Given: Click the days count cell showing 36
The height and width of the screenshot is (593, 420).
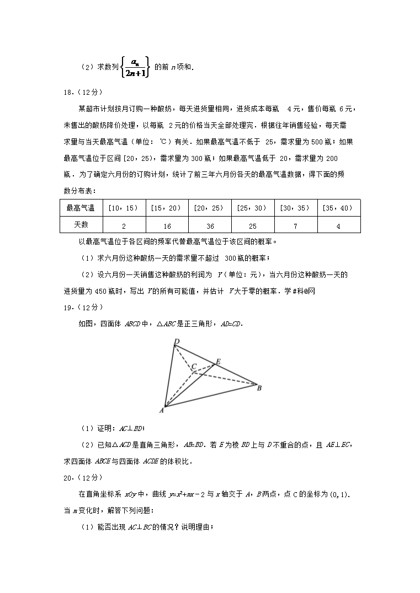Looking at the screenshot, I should coord(210,226).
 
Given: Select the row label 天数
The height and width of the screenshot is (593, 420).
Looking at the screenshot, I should coord(81,224).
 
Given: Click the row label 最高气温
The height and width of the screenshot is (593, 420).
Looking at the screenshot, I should coord(81,208).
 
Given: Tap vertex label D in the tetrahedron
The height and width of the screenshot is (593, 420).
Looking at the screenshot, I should coord(177,342).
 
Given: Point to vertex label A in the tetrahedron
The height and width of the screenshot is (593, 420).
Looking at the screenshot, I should coord(161,410).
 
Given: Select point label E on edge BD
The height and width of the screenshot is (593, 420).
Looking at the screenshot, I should coord(218,361).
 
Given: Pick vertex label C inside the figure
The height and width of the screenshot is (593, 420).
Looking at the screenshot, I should coord(194,366).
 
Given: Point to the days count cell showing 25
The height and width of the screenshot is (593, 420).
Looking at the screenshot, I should coord(253,226).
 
